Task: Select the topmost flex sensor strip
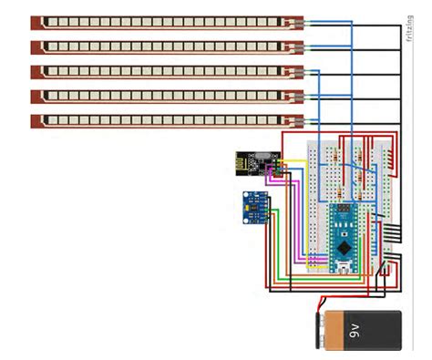164,21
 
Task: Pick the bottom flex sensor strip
164,120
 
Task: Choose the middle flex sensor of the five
164,71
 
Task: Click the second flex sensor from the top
164,46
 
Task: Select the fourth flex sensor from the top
164,96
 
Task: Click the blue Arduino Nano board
344,236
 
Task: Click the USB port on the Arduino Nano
344,266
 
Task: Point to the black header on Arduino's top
344,205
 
